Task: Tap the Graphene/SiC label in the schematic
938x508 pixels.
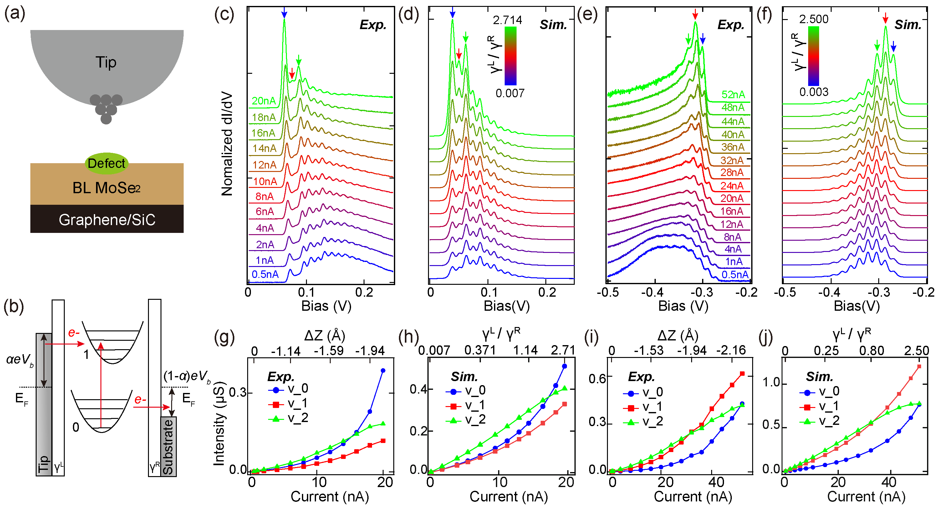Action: (x=107, y=220)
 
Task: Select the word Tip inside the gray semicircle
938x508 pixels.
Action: (x=106, y=62)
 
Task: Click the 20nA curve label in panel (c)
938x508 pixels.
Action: (x=264, y=101)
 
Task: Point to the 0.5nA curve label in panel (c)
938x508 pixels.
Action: (x=265, y=274)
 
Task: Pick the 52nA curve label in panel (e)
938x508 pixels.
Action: (x=733, y=95)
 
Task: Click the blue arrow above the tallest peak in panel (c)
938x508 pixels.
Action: (x=284, y=13)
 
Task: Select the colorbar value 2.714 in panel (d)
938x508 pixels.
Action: (x=507, y=20)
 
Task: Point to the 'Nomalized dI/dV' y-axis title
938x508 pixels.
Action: (x=227, y=144)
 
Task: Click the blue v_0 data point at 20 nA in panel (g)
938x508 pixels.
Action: (x=383, y=371)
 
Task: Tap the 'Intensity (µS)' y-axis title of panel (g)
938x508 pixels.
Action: (x=219, y=424)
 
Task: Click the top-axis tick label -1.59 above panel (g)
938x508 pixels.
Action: (x=329, y=351)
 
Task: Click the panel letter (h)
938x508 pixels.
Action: (x=409, y=337)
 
